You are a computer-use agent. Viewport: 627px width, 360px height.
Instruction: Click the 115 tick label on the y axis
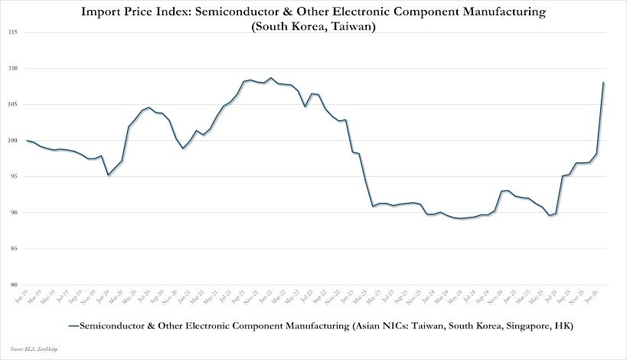(14, 32)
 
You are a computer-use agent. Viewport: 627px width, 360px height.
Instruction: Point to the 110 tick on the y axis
(14, 68)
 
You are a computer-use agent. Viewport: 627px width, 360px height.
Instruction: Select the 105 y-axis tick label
(14, 104)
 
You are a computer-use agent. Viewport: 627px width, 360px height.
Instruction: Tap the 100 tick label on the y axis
(14, 140)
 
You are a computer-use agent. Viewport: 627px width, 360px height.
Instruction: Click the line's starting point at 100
(27, 140)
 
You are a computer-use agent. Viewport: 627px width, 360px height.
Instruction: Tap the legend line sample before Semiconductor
(73, 326)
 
